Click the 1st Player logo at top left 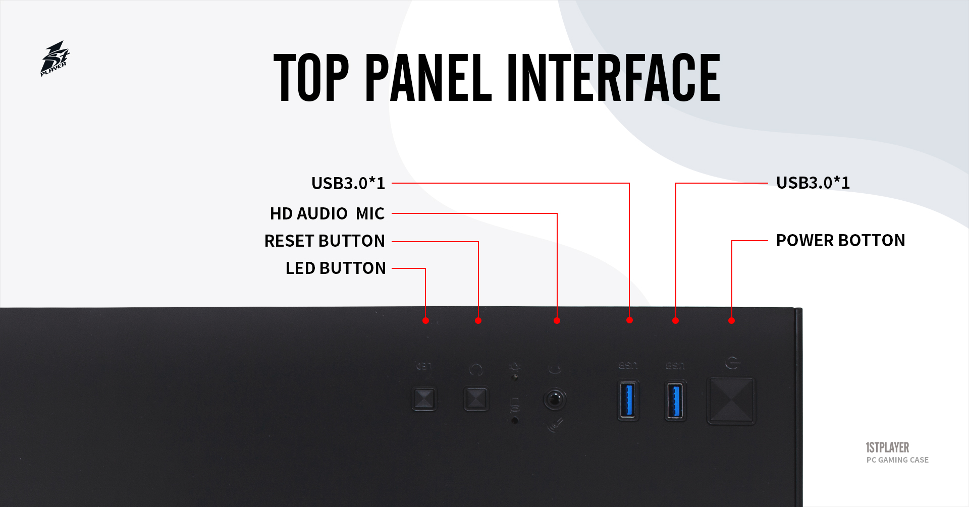[55, 59]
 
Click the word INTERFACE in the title [613, 78]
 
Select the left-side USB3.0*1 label [348, 183]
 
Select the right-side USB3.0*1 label [813, 183]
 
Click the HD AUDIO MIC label [327, 213]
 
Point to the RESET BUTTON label [325, 241]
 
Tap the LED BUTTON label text [336, 268]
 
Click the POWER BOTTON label [840, 240]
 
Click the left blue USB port [628, 400]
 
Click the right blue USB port [675, 401]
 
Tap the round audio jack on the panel [555, 400]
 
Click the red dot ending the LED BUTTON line [425, 320]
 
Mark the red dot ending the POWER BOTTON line [731, 320]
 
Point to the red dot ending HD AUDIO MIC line [557, 320]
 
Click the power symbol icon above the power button [732, 363]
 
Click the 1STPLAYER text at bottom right [887, 447]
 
